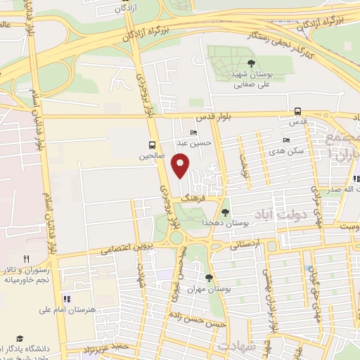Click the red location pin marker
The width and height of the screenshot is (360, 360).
point(181,166)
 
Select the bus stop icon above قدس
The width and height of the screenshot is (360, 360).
point(298,111)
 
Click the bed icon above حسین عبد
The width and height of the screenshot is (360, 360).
point(193,132)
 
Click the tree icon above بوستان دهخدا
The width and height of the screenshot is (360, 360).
point(225,211)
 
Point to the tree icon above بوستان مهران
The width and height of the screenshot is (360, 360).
point(208,278)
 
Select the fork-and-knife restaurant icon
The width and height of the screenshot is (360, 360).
point(25,259)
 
